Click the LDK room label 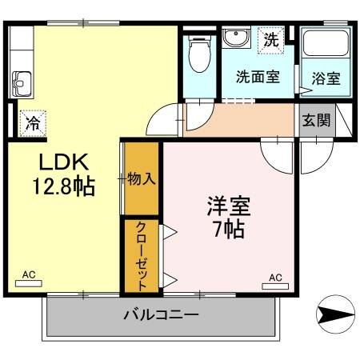click(64, 162)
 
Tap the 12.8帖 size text click(64, 186)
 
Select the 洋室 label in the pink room click(229, 206)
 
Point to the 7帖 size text click(229, 229)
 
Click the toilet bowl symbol click(199, 54)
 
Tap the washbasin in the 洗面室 click(236, 38)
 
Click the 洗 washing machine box click(271, 41)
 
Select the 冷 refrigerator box click(33, 123)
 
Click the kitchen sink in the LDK click(22, 84)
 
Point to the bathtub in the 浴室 click(326, 43)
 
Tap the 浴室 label click(326, 78)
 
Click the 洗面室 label click(258, 77)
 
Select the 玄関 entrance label click(316, 120)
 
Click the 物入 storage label click(142, 178)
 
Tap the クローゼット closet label click(141, 257)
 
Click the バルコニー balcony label click(161, 315)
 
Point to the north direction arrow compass click(335, 314)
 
